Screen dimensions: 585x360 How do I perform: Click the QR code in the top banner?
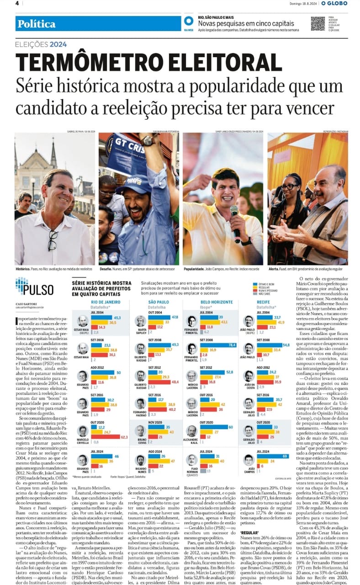click(318, 23)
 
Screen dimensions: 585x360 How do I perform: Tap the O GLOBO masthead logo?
click(334, 3)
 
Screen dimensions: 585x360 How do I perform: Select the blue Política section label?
click(37, 24)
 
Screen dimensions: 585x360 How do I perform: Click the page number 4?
click(17, 3)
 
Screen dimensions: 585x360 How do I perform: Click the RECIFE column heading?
click(263, 302)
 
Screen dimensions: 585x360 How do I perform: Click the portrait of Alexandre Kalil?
click(192, 431)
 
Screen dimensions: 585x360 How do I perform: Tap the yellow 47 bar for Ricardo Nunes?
click(158, 461)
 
